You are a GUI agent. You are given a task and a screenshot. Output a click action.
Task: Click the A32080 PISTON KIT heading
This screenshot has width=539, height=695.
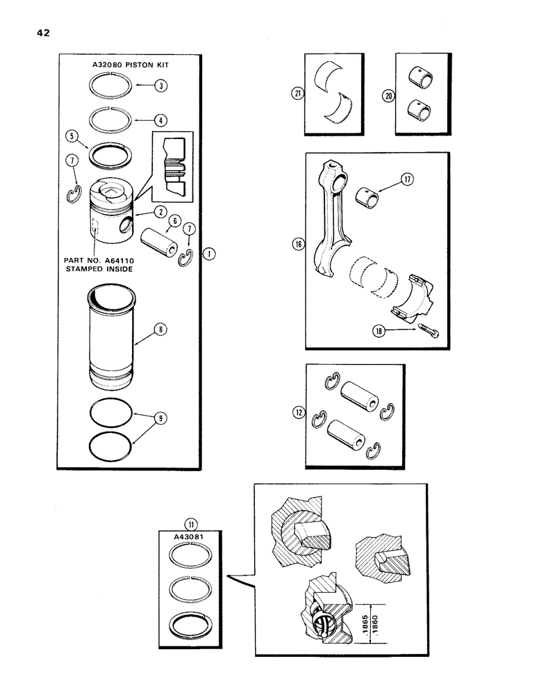pyautogui.click(x=131, y=65)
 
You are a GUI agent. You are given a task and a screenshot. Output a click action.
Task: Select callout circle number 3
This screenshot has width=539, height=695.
pyautogui.click(x=161, y=86)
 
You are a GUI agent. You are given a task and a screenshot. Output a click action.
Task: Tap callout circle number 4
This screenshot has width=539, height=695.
pyautogui.click(x=161, y=120)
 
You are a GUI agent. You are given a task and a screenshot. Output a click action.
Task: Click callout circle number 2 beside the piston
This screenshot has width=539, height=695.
pyautogui.click(x=160, y=210)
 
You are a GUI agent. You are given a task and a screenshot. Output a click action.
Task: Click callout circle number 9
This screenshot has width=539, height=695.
pyautogui.click(x=161, y=420)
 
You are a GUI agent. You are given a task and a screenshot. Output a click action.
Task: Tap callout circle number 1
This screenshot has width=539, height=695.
pyautogui.click(x=209, y=254)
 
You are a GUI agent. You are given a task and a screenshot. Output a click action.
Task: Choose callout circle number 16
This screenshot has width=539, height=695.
pyautogui.click(x=299, y=244)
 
